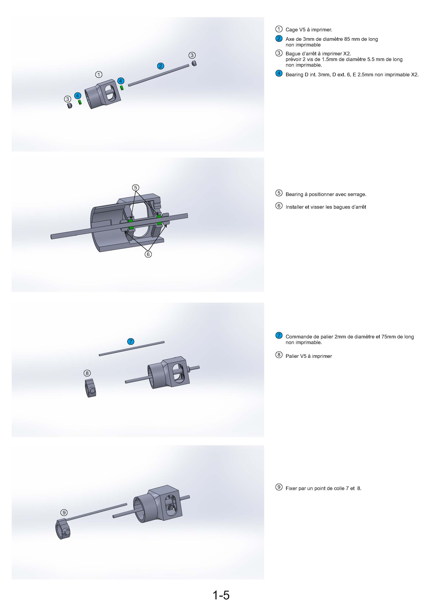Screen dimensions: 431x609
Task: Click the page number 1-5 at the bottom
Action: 221,595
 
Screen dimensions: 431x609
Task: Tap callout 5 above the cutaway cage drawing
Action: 135,188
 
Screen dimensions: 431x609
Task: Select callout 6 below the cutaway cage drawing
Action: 148,254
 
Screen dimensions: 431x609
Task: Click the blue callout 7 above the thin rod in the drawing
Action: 131,341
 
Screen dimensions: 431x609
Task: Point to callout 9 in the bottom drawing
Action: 64,513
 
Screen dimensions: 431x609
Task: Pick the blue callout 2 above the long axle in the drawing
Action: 160,66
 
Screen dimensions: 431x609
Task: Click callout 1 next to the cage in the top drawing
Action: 99,75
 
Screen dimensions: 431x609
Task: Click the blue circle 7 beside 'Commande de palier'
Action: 279,335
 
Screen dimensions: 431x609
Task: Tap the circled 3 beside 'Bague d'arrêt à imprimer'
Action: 279,53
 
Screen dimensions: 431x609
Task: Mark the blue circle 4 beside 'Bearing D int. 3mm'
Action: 279,73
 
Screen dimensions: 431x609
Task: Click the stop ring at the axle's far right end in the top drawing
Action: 194,63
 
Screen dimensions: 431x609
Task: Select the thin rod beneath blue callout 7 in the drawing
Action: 132,349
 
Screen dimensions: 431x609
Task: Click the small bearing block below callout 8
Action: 90,388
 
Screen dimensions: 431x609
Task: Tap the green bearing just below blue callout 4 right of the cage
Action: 122,88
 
